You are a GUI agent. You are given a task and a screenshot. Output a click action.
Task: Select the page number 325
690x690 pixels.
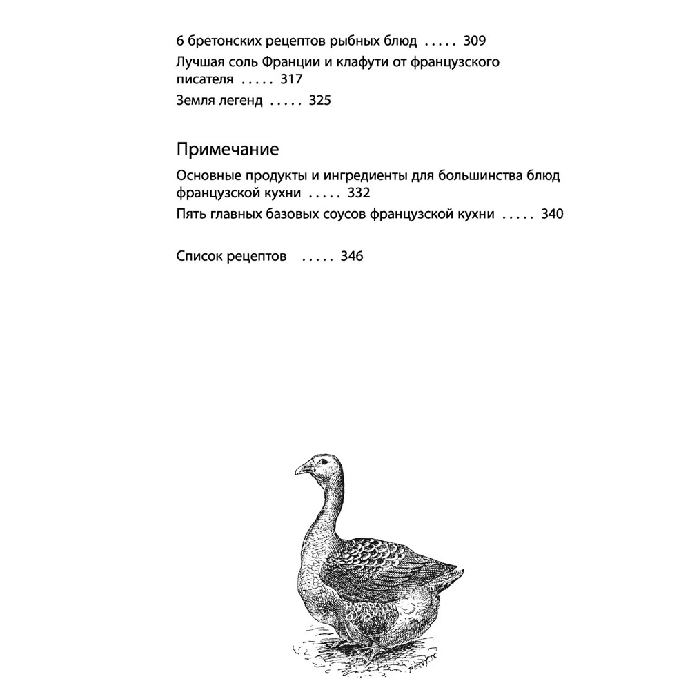320,101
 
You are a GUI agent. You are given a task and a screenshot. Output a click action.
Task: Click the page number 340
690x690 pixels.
552,214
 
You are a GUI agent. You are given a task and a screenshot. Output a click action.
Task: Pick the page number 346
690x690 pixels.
352,257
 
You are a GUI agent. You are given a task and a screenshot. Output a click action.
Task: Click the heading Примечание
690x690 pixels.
228,149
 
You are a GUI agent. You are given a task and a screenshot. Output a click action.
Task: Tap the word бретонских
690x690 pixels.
221,41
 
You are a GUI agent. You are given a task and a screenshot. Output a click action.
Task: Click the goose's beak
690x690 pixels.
302,470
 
